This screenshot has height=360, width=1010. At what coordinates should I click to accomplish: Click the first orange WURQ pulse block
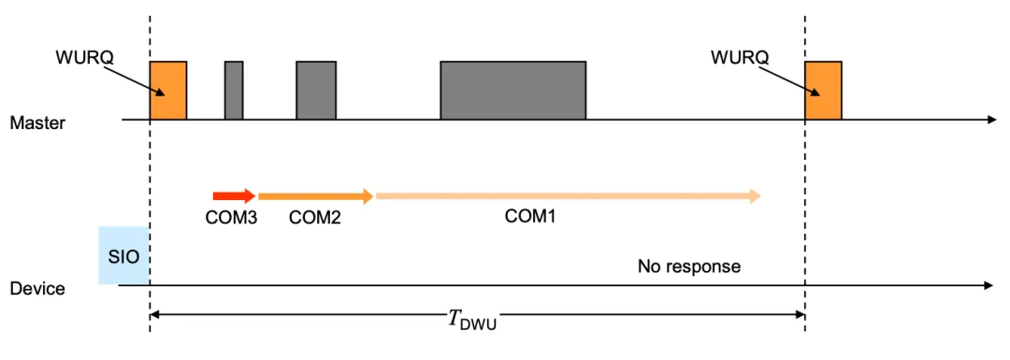(168, 91)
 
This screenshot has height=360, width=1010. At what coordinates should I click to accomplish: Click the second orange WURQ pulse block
(823, 91)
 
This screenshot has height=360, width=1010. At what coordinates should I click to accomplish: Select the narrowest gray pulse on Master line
(234, 91)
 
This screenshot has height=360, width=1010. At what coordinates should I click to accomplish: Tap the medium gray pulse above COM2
(316, 91)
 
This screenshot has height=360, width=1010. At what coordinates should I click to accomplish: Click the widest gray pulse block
(513, 91)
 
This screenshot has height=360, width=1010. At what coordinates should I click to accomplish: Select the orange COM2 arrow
(315, 196)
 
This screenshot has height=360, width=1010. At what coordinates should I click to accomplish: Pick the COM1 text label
(530, 217)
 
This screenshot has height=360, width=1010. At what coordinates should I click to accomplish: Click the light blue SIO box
(123, 254)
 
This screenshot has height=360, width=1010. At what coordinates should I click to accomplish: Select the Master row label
(37, 122)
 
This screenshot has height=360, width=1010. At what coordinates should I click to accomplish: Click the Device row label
(37, 288)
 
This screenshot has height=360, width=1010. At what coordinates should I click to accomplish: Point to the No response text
(688, 266)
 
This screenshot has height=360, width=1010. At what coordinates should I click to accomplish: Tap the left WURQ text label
(84, 58)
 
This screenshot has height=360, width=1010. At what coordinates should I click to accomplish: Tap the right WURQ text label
(739, 58)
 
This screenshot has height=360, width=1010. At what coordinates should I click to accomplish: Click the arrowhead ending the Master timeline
(990, 120)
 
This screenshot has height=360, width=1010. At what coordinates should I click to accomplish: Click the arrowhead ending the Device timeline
(990, 284)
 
